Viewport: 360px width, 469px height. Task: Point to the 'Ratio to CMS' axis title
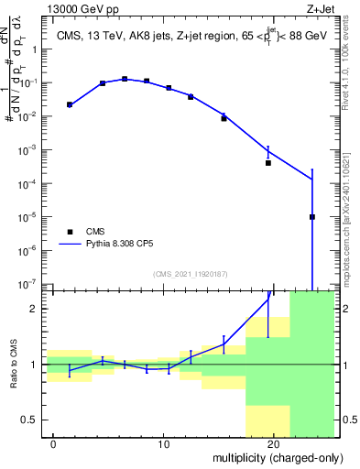point(13,365)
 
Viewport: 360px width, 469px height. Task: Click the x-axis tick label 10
point(163,444)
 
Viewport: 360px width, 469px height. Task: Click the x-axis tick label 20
point(274,444)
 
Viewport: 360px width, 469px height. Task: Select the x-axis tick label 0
point(54,444)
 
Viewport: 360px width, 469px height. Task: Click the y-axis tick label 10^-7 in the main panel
point(29,284)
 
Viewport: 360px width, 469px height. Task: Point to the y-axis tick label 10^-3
point(29,150)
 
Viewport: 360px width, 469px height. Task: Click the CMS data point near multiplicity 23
point(312,217)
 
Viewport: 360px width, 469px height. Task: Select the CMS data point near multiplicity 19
point(268,163)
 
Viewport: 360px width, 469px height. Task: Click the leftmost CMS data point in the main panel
point(70,104)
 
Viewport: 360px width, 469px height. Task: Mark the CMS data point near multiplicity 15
point(224,118)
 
